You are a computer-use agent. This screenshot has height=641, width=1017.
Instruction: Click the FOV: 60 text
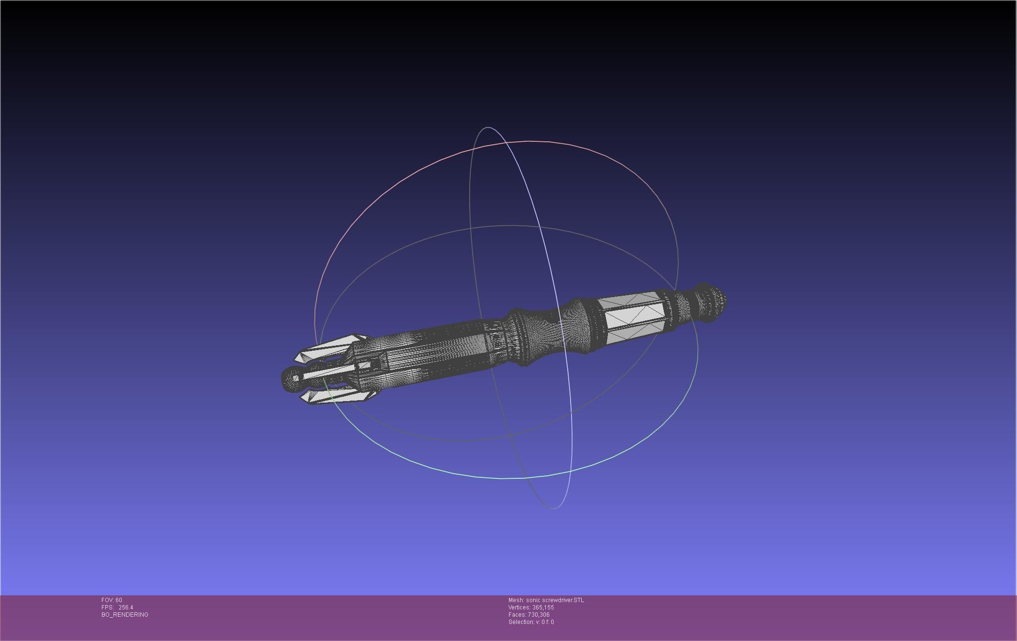click(x=112, y=600)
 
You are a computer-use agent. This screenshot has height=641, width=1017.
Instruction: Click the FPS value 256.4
click(x=126, y=607)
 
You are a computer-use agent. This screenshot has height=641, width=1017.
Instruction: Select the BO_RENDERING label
click(x=125, y=615)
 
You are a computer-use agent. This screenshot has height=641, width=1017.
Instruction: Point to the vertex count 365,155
click(x=542, y=607)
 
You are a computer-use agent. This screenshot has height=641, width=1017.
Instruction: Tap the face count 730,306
click(x=538, y=615)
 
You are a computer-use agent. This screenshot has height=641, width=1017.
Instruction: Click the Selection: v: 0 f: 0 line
click(x=531, y=622)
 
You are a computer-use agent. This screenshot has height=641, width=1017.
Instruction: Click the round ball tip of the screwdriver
click(x=291, y=379)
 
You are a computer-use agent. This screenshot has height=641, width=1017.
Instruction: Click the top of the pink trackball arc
click(x=529, y=141)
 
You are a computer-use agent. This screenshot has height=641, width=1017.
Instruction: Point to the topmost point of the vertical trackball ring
click(x=487, y=128)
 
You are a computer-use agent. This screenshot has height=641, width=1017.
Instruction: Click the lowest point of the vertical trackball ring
click(x=554, y=508)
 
